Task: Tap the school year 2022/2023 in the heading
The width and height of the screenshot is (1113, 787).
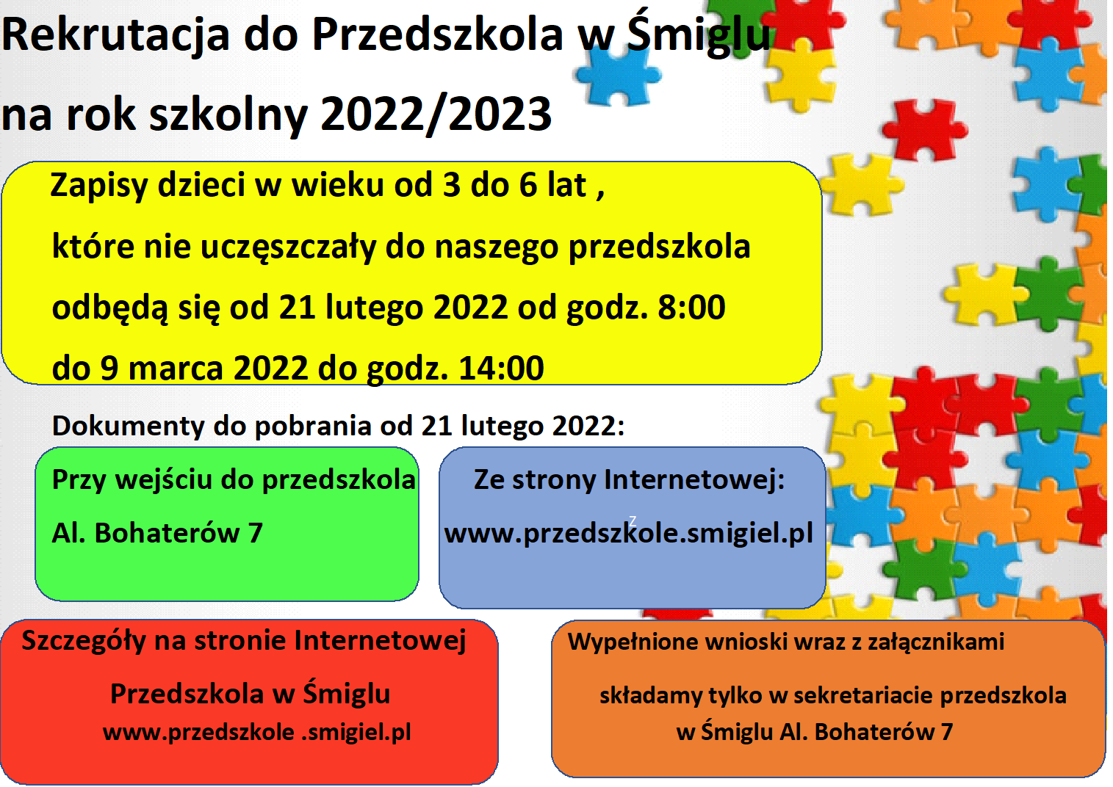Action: [436, 115]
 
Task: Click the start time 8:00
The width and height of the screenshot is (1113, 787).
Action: [691, 308]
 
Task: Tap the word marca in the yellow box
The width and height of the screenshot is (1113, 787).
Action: [176, 369]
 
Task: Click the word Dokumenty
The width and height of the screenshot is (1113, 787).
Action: [128, 426]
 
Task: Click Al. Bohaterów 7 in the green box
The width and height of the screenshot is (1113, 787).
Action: [157, 533]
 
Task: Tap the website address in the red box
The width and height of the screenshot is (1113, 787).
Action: [257, 733]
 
